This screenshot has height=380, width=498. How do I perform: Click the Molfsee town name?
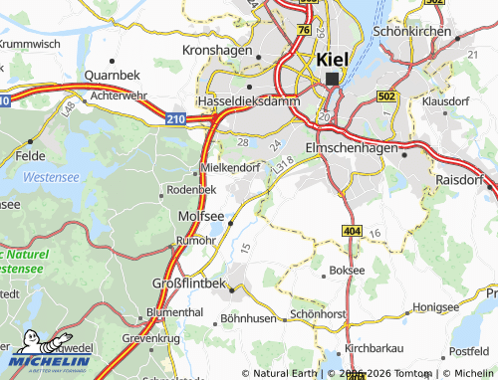tap(197, 215)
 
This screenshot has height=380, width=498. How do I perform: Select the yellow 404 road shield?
tap(351, 231)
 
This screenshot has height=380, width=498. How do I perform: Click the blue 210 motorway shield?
tap(175, 119)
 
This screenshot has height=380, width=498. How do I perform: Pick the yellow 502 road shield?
tap(386, 96)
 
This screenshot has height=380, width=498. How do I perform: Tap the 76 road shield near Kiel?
tap(302, 31)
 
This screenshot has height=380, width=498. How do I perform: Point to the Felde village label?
tap(32, 156)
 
